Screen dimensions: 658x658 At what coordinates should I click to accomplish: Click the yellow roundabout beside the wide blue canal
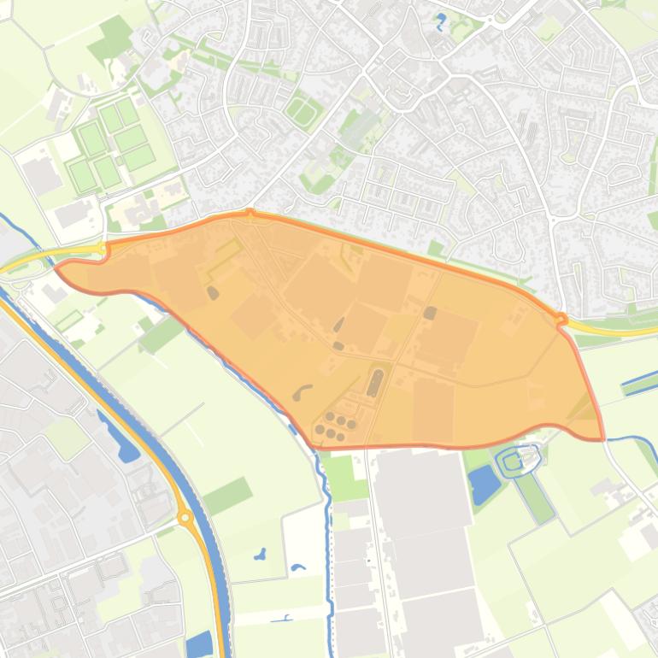pyautogui.click(x=184, y=517)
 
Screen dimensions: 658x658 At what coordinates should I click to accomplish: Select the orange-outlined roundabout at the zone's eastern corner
pyautogui.click(x=561, y=320)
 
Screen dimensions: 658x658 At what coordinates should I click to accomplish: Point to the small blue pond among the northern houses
pyautogui.click(x=441, y=21)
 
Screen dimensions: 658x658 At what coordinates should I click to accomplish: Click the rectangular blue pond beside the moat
pyautogui.click(x=485, y=485)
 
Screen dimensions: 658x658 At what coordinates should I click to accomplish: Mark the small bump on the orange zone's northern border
pyautogui.click(x=250, y=213)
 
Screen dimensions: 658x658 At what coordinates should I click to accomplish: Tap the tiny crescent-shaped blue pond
pyautogui.click(x=297, y=567)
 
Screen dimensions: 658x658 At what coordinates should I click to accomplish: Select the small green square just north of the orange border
pyautogui.click(x=436, y=248)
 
